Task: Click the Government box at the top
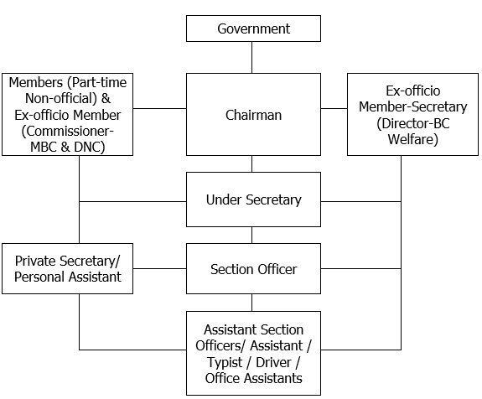click(x=253, y=28)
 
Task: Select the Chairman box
click(x=253, y=114)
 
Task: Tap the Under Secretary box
click(x=253, y=199)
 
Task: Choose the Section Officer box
click(x=253, y=269)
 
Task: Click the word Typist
click(x=225, y=362)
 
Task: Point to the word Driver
click(x=273, y=362)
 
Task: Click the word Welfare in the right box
click(x=412, y=139)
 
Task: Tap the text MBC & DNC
click(x=68, y=147)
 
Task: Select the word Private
click(x=35, y=261)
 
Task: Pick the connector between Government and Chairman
click(x=252, y=58)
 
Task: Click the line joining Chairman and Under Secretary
click(x=252, y=163)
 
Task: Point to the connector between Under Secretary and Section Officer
click(x=252, y=236)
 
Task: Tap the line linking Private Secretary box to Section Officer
click(x=159, y=269)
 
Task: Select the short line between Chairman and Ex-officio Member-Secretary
click(x=334, y=108)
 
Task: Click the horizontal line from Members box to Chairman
click(x=159, y=108)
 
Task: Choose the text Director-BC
click(x=412, y=123)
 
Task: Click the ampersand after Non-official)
click(x=106, y=98)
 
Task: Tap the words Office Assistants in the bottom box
click(x=254, y=378)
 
